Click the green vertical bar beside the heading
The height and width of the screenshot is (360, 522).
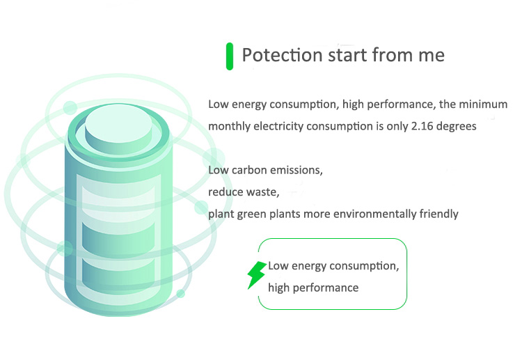coord(230,56)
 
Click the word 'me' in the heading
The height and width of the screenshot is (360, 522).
coord(432,56)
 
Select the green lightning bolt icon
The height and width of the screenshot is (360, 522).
coord(257,275)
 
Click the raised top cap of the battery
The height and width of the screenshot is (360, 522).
coord(118,128)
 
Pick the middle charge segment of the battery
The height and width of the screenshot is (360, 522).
coord(118,237)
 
